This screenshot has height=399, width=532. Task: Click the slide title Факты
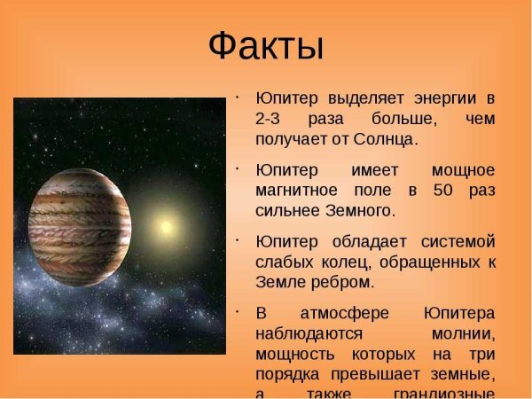[265, 45]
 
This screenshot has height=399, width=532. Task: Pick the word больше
[394, 118]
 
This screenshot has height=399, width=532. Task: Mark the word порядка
[288, 376]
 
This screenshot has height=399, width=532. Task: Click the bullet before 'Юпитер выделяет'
[239, 92]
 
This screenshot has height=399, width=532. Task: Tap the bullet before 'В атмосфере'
[239, 309]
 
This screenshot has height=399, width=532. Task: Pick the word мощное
[462, 169]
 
